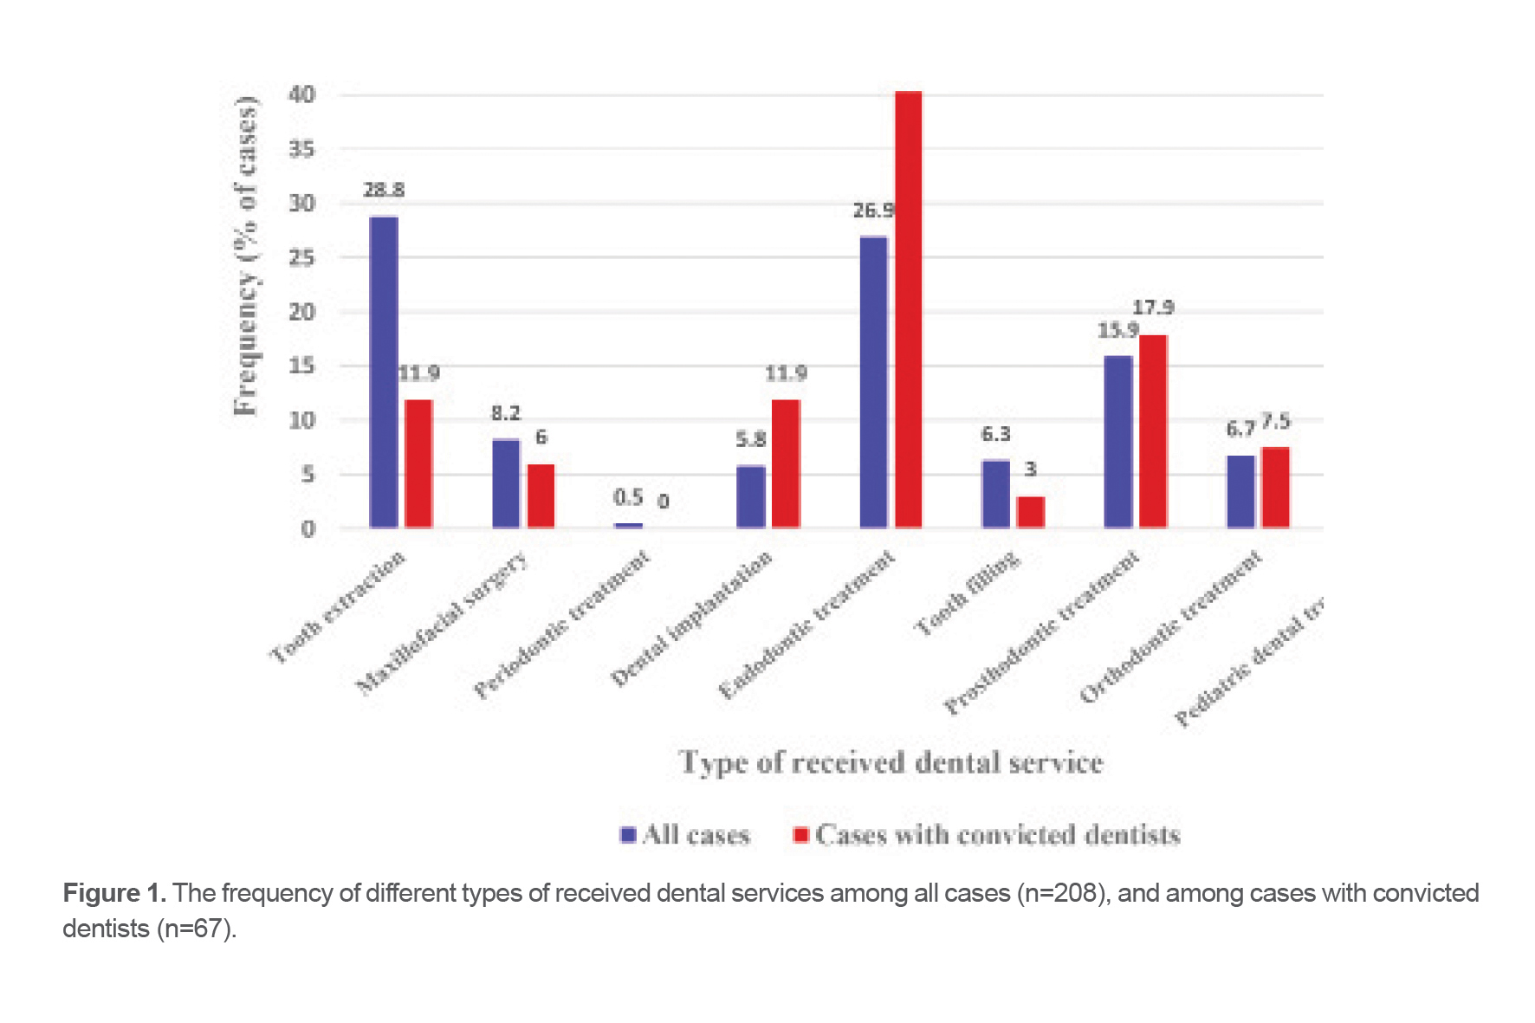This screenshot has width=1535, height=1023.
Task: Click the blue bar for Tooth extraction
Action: tap(384, 372)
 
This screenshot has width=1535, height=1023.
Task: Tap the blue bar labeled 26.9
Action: tap(873, 382)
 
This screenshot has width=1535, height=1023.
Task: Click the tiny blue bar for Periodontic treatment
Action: tap(629, 525)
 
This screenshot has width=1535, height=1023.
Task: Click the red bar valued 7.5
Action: tap(1275, 488)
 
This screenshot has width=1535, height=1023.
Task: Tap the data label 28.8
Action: tap(384, 190)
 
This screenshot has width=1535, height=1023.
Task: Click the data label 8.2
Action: tap(506, 413)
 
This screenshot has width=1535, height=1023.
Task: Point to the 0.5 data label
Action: tap(628, 497)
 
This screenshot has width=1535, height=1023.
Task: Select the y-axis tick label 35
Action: tap(302, 149)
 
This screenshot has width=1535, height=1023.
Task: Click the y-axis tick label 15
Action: tap(302, 366)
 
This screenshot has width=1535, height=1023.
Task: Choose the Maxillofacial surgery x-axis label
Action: tap(442, 624)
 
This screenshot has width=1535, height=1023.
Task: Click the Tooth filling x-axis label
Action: tap(968, 593)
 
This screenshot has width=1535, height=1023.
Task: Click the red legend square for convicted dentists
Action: tap(800, 835)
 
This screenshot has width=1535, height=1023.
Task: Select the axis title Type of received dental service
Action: tap(891, 763)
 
